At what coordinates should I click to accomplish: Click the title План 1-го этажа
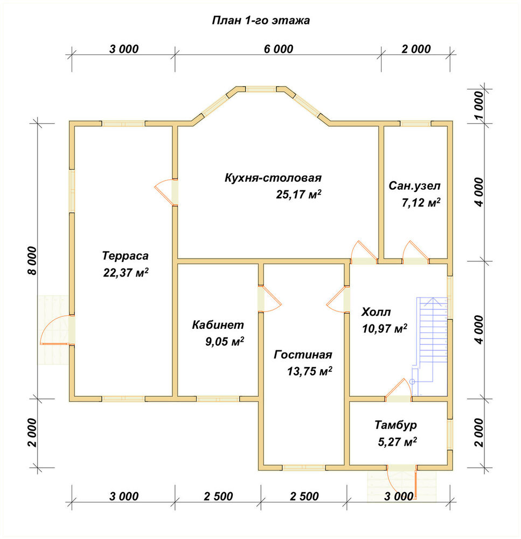[x=261, y=20]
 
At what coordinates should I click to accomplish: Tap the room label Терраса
[x=126, y=255]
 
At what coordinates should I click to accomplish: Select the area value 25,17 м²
[x=298, y=195]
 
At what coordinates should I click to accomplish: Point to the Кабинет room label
[x=218, y=324]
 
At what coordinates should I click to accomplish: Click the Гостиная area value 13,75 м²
[x=310, y=371]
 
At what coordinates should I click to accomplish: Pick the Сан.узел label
[x=414, y=186]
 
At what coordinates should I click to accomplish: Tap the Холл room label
[x=376, y=312]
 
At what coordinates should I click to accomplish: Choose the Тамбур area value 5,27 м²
[x=398, y=442]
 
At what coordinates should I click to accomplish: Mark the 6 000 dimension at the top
[x=279, y=49]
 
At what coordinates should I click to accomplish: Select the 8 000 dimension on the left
[x=32, y=260]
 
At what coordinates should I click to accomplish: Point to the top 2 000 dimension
[x=416, y=49]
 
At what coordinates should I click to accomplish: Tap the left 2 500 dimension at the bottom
[x=218, y=496]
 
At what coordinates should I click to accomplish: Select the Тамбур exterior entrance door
[x=402, y=481]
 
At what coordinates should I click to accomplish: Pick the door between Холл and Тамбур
[x=399, y=391]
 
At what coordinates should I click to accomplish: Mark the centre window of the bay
[x=261, y=89]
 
